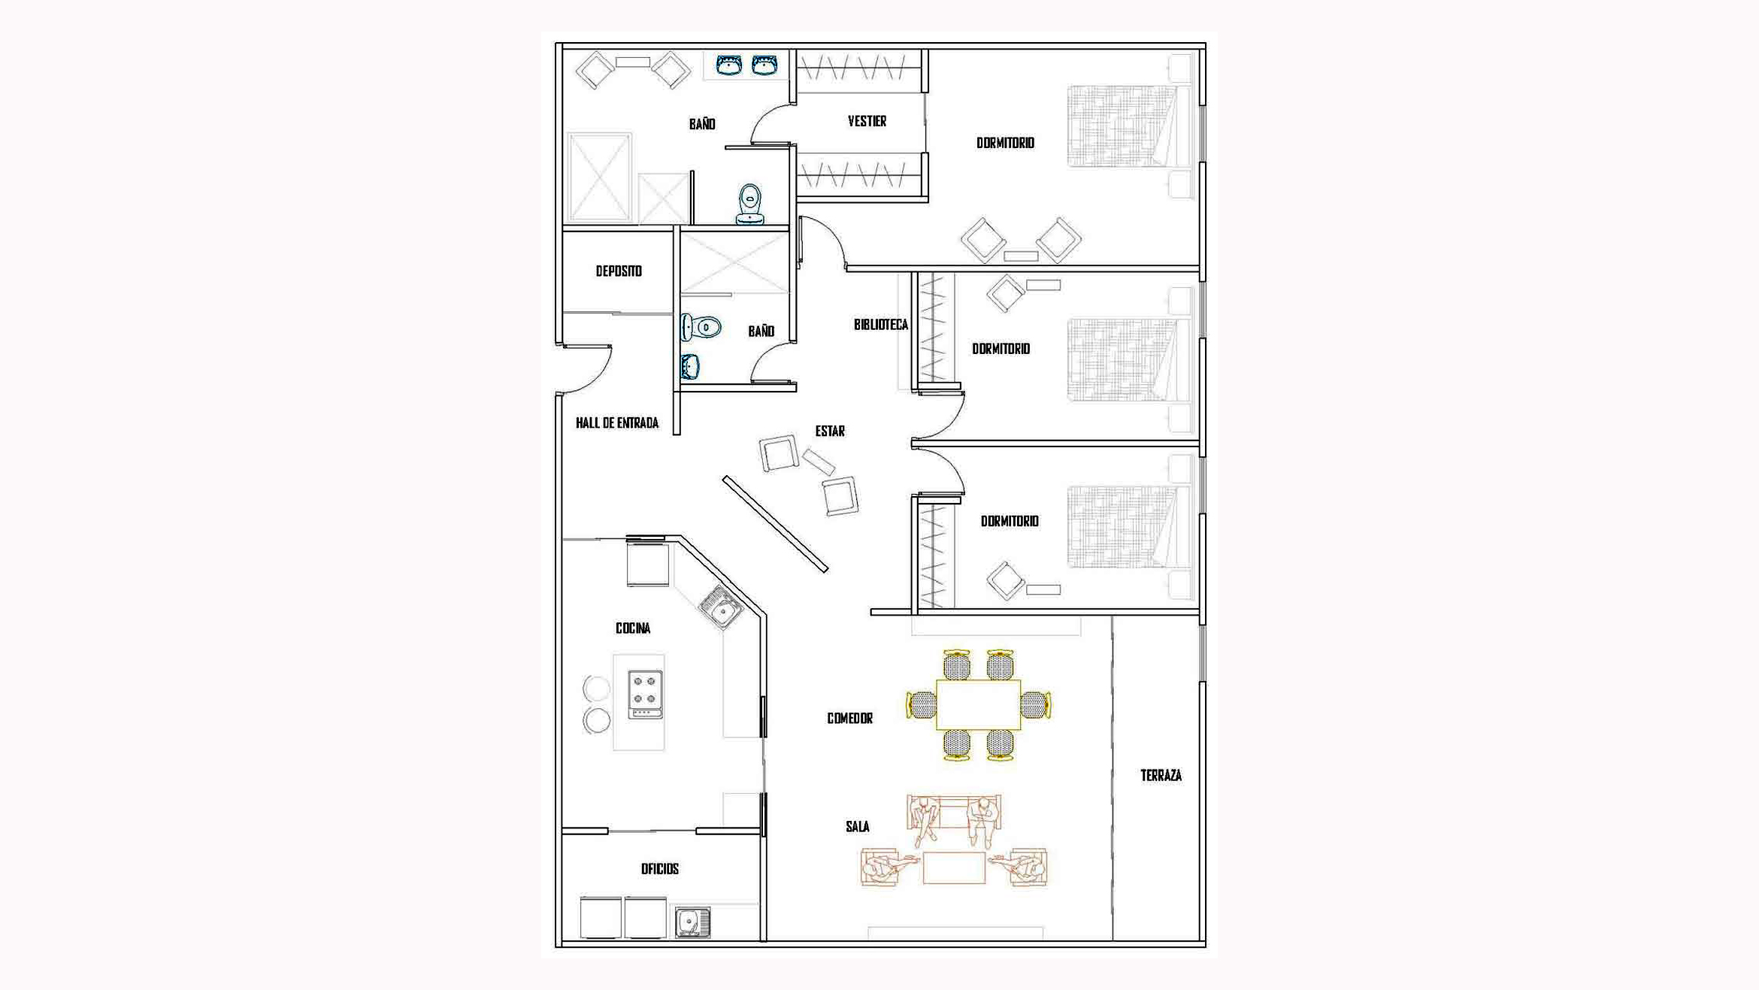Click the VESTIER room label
[867, 121]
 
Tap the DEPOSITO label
[619, 271]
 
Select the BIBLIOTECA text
[880, 325]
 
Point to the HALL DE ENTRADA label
[616, 423]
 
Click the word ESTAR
[830, 431]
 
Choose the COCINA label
[633, 628]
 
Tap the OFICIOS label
[659, 869]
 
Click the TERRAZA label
[1161, 776]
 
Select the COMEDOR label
[849, 719]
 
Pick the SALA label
[857, 827]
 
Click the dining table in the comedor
[978, 704]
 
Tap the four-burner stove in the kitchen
[645, 694]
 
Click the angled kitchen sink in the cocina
[722, 607]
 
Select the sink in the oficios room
[692, 922]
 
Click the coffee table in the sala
[954, 868]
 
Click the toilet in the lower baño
[701, 328]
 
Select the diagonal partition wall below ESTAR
[775, 524]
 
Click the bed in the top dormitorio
[1127, 126]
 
